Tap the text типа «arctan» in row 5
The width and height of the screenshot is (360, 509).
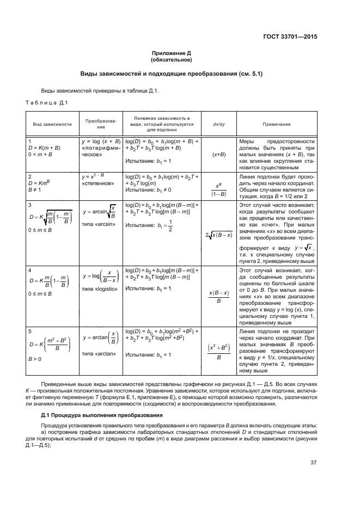[x=98, y=354]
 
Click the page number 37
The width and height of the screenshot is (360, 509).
[x=313, y=464]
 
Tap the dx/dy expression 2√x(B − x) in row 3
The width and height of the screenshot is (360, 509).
[x=218, y=235]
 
